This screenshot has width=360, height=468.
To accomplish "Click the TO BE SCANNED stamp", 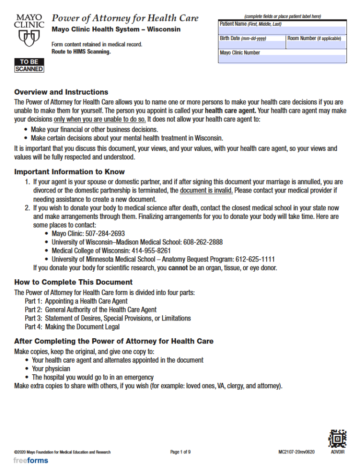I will (29, 66).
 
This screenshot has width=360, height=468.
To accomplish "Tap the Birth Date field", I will (252, 45).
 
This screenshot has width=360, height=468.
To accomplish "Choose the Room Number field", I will (316, 45).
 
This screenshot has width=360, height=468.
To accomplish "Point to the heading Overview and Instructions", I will (61, 92).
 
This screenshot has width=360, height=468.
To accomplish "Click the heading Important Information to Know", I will (69, 172).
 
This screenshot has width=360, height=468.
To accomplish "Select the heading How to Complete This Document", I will (74, 282).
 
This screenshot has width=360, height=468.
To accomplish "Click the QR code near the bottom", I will (337, 439).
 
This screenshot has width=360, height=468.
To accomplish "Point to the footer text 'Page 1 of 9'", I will (180, 452).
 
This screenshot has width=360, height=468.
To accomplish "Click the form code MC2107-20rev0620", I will (296, 452).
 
